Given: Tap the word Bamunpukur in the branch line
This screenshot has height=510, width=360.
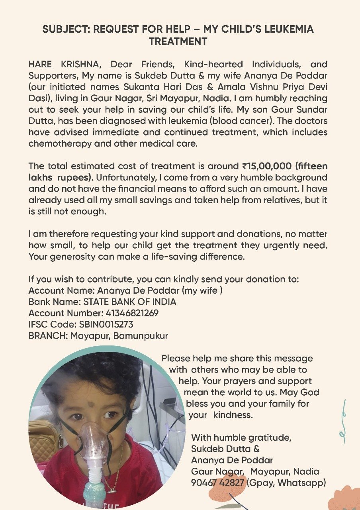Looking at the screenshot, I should (x=141, y=335).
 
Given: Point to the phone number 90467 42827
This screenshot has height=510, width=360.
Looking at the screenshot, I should (x=217, y=483).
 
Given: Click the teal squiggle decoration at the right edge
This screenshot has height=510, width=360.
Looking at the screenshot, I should (x=342, y=422).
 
